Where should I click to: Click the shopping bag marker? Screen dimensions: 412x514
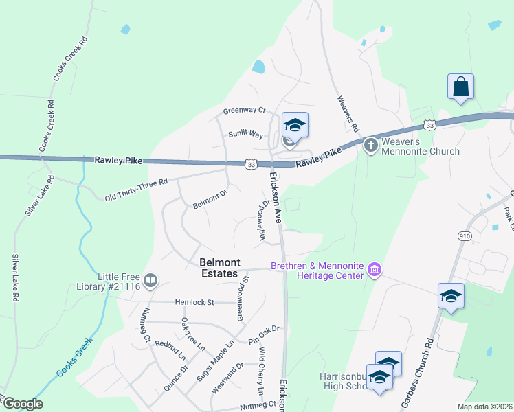(x=460, y=87)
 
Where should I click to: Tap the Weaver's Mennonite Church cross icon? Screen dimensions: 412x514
(x=370, y=145)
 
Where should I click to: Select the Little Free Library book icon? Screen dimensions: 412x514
(x=150, y=279)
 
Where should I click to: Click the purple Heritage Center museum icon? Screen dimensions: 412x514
(x=374, y=269)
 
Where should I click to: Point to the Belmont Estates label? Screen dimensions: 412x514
(x=220, y=267)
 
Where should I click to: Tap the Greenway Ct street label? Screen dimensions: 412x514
(x=244, y=110)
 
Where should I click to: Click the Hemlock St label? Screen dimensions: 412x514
(x=195, y=301)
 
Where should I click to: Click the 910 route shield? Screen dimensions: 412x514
(x=466, y=236)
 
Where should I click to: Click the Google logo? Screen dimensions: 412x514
(x=22, y=404)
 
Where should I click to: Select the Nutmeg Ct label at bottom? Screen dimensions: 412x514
(x=258, y=407)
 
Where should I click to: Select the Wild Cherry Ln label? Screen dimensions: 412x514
(x=261, y=371)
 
